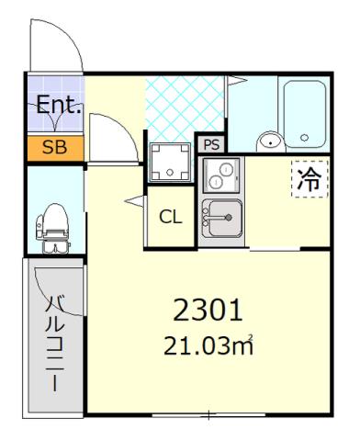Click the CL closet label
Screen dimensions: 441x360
point(170,218)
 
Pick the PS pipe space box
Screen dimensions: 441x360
point(210,144)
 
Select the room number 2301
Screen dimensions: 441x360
point(208,311)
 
